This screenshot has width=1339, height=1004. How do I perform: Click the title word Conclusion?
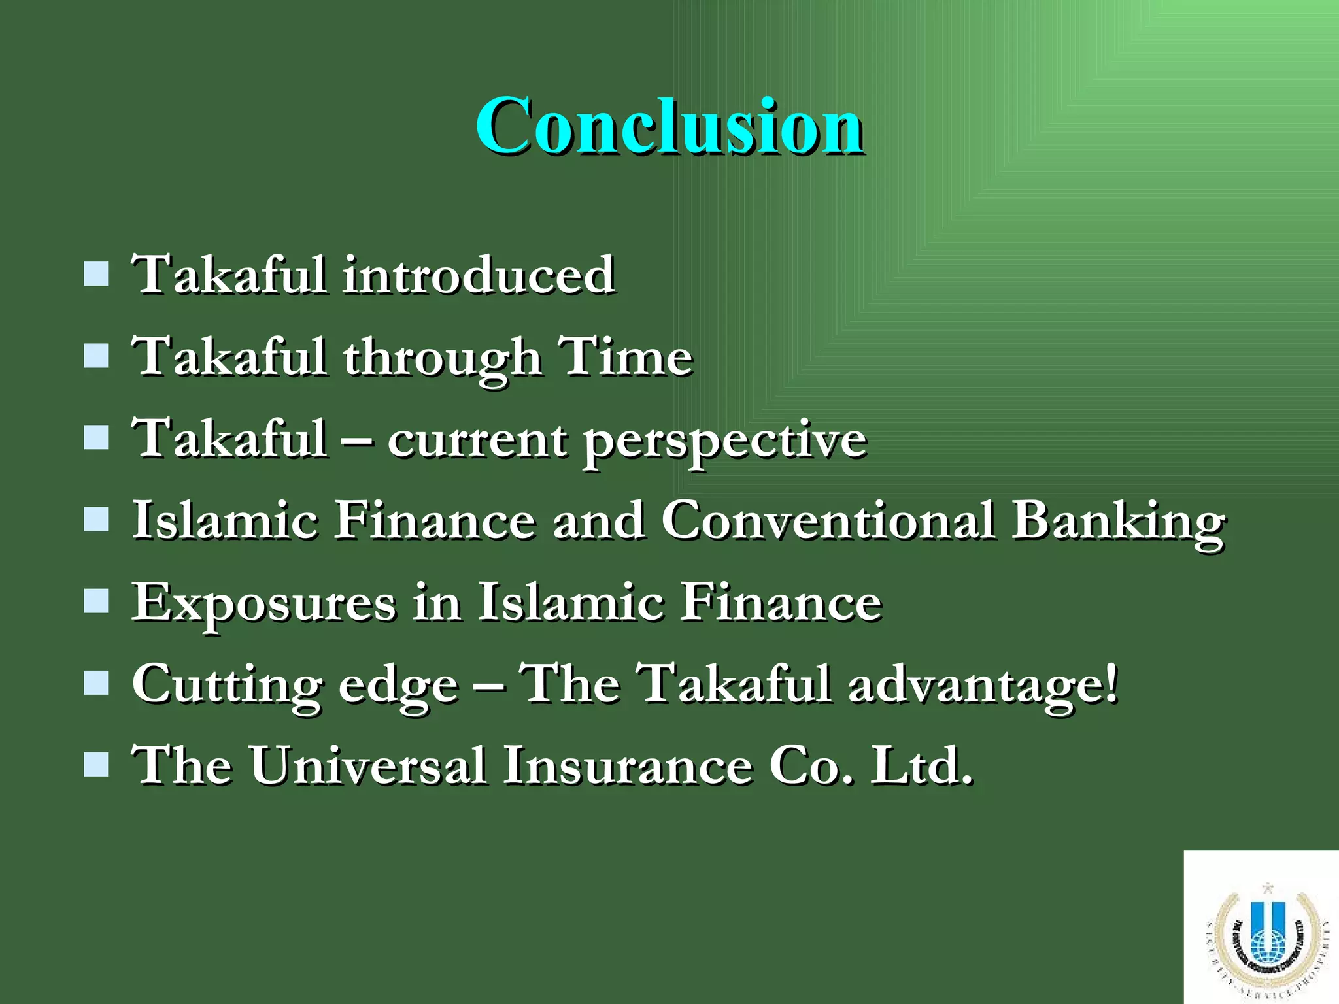(669, 125)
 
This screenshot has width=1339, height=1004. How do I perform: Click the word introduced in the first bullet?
(479, 275)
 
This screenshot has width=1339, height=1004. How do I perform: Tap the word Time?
(626, 357)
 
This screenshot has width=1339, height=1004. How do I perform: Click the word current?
(477, 440)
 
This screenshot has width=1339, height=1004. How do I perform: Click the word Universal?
(367, 765)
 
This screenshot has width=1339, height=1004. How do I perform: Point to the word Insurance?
(628, 765)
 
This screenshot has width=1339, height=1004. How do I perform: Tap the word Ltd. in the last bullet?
(922, 765)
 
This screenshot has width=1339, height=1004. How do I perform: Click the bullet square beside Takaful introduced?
(96, 275)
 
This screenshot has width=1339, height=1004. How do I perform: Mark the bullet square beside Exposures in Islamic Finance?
(96, 601)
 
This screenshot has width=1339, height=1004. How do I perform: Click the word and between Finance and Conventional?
(598, 521)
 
